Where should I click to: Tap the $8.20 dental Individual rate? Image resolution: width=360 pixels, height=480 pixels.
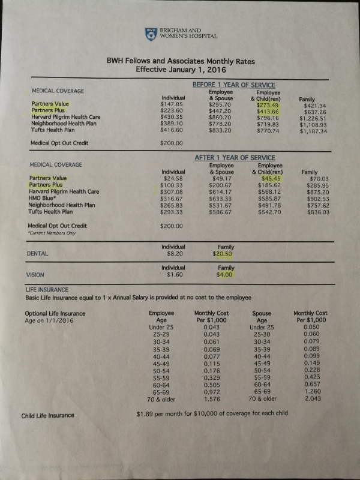click(x=173, y=254)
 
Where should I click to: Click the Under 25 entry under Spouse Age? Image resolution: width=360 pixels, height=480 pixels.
click(x=261, y=328)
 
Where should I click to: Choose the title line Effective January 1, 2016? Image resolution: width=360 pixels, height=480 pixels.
click(x=179, y=68)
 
